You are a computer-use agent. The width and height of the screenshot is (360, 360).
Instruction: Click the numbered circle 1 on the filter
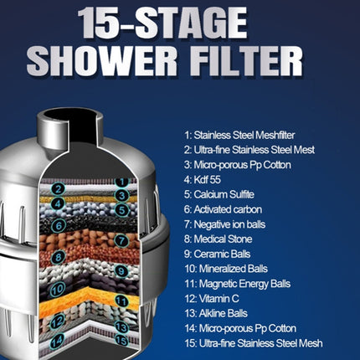[121, 181]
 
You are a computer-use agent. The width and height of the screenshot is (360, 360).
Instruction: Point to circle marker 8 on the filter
[58, 258]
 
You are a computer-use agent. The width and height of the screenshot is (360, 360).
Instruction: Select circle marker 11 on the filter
[121, 301]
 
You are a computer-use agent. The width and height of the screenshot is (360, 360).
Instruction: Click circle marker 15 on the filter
[122, 340]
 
